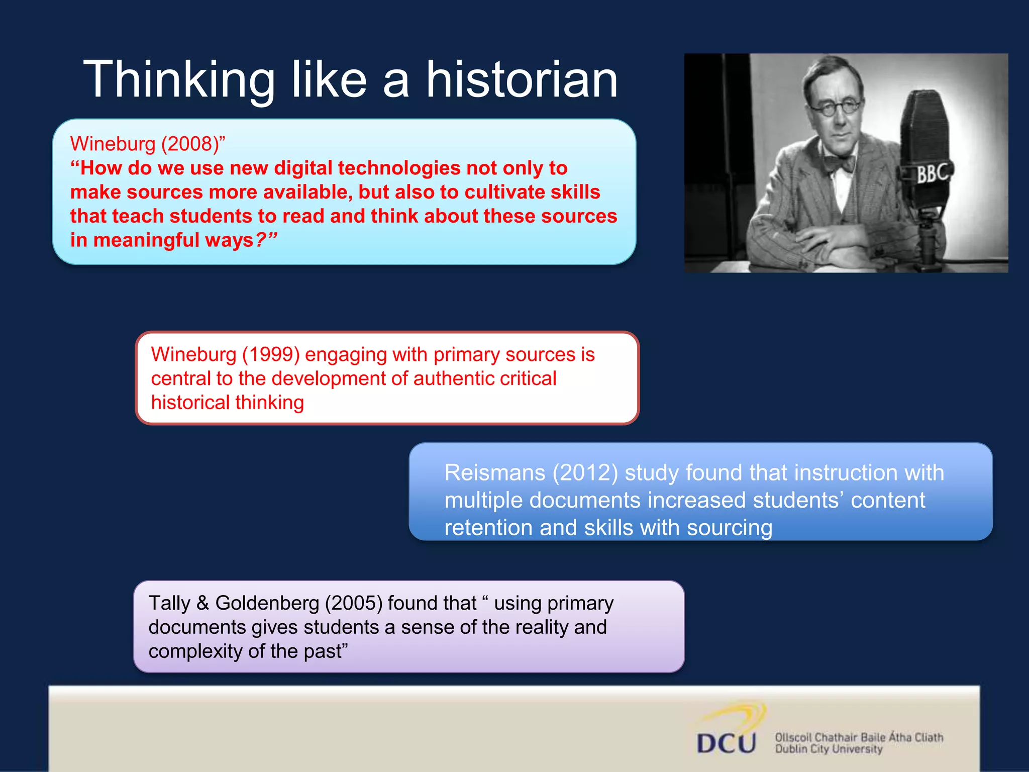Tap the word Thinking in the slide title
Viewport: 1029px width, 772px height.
coord(179,80)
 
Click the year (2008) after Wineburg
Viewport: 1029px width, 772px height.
coord(189,144)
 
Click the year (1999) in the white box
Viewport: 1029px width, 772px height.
coord(271,355)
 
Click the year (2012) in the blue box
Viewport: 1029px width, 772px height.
coord(585,473)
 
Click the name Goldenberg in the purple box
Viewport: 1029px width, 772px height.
coord(267,604)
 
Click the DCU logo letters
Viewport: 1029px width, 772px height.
coord(726,743)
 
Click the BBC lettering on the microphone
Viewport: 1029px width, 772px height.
coord(933,174)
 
